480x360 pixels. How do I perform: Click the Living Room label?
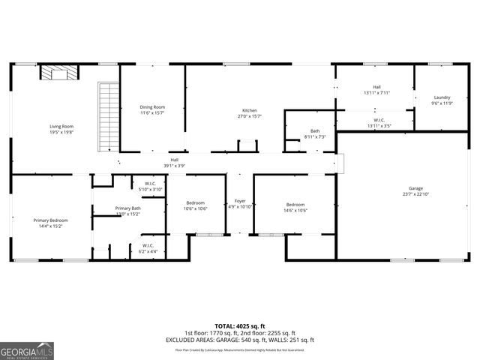click(61, 127)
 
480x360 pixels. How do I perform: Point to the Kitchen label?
click(249, 110)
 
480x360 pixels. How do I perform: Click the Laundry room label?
click(441, 97)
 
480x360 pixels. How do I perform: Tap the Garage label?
click(415, 188)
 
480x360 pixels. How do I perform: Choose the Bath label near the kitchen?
click(315, 130)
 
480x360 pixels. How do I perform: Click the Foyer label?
click(240, 201)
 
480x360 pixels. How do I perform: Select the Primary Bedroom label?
click(50, 220)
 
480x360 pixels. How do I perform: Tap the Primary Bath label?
click(127, 208)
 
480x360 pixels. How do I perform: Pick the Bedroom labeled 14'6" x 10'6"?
click(295, 205)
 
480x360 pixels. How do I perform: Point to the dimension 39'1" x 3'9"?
click(174, 165)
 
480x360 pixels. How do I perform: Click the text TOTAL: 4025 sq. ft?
click(239, 325)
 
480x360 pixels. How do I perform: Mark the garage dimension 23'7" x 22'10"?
click(415, 194)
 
